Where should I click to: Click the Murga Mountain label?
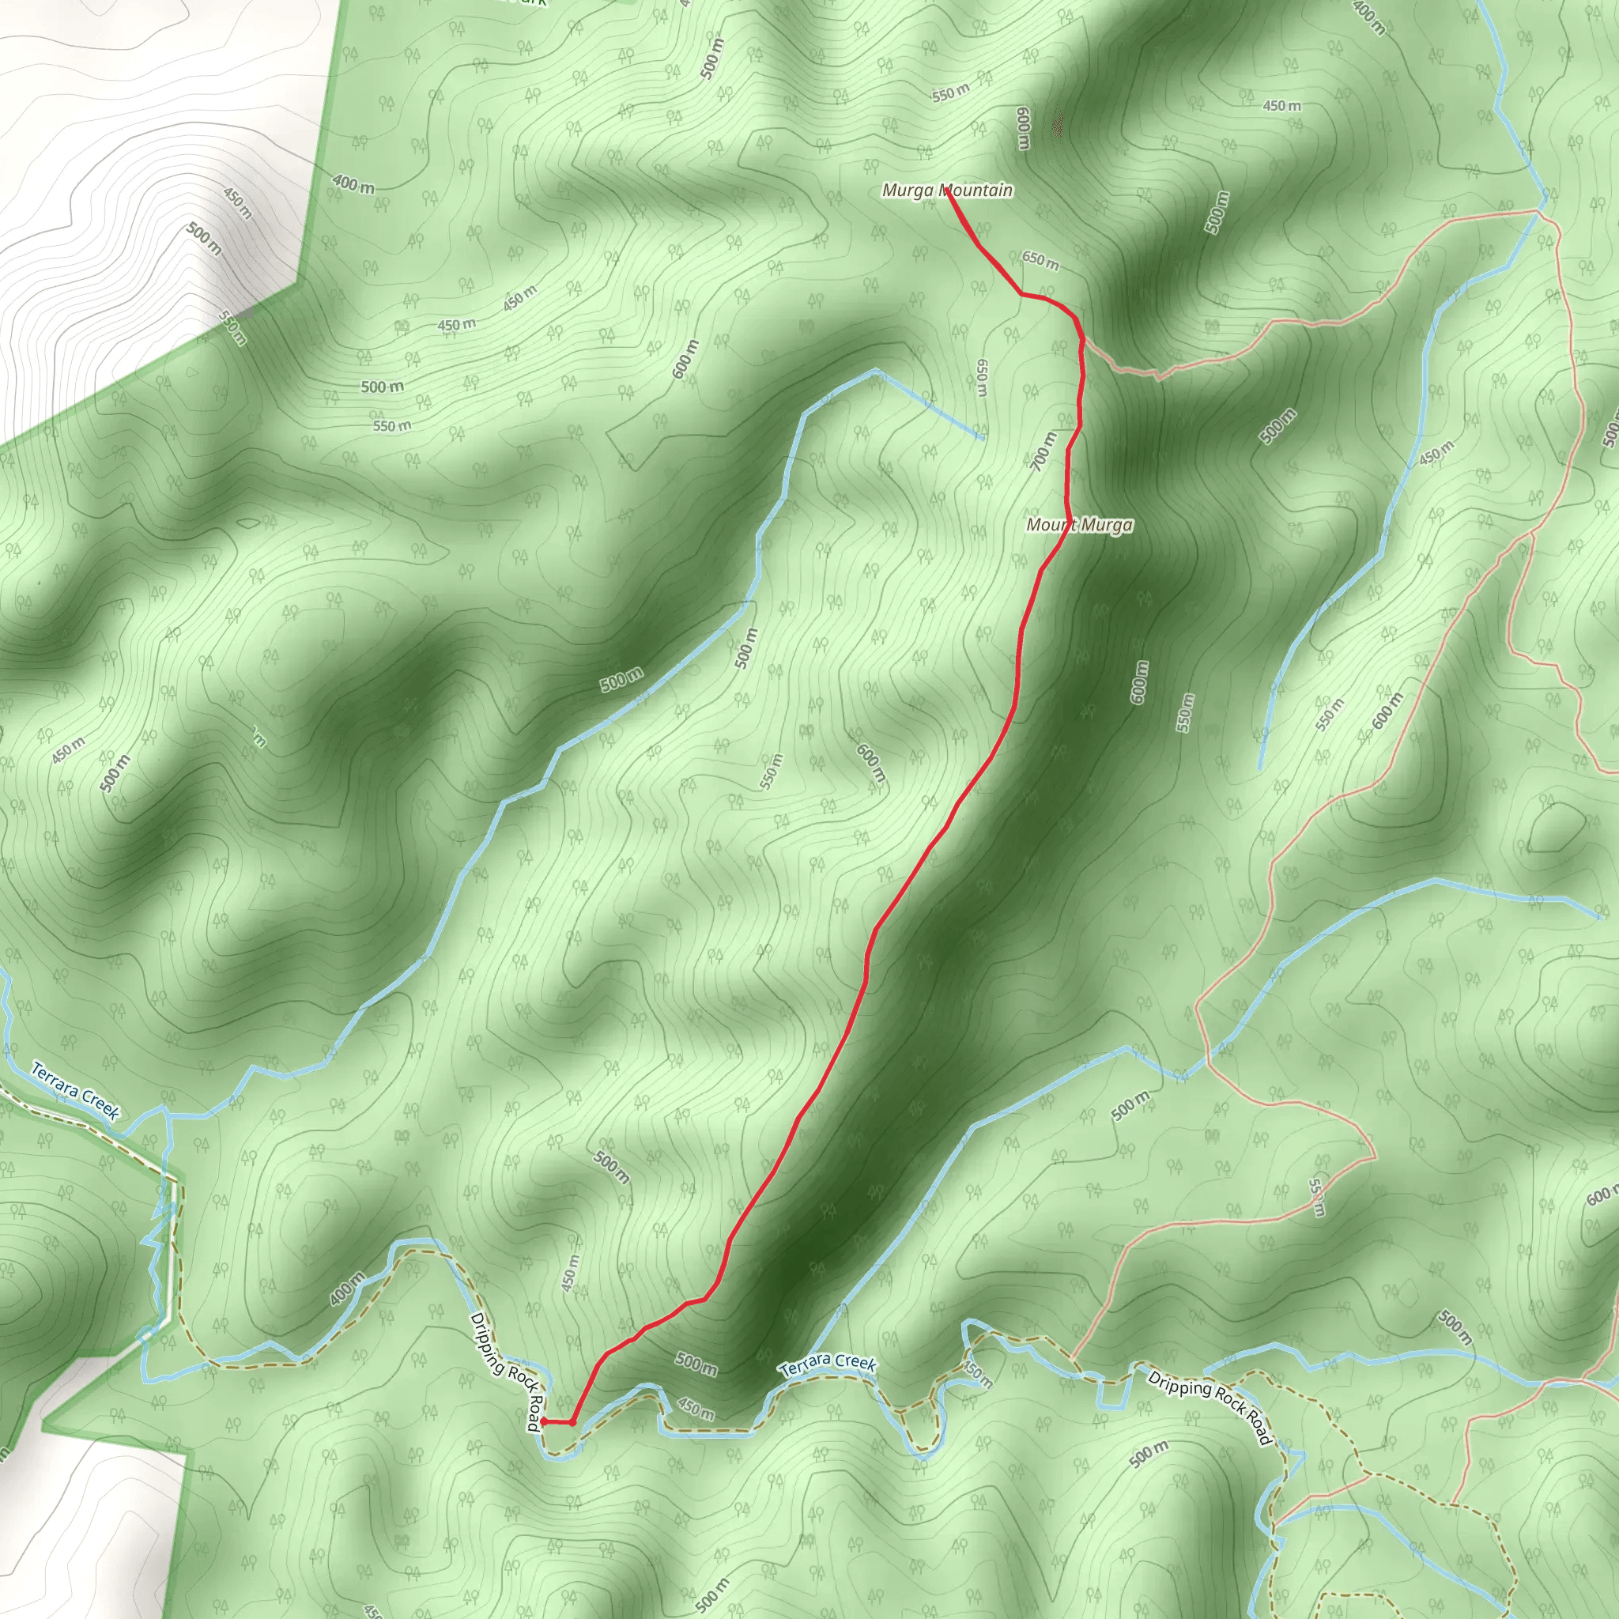[x=947, y=191]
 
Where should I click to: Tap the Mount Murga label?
[x=1079, y=526]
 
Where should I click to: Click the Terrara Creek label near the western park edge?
[x=75, y=1090]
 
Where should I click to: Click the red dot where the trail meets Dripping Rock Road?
[x=543, y=1421]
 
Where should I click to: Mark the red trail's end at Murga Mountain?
[x=947, y=194]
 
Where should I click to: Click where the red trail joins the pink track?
[x=1082, y=341]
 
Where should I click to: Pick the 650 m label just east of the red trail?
[x=1040, y=261]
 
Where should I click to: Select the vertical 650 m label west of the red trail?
[x=981, y=378]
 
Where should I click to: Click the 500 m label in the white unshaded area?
[x=205, y=239]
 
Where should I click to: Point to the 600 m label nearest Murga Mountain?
[x=1022, y=128]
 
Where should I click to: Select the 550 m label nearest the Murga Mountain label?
[x=950, y=94]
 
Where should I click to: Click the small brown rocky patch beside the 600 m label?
[x=1059, y=126]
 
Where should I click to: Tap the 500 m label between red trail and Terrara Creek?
[x=696, y=1364]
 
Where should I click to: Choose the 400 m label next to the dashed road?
[x=346, y=1288]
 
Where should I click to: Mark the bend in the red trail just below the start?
[x=572, y=1422]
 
